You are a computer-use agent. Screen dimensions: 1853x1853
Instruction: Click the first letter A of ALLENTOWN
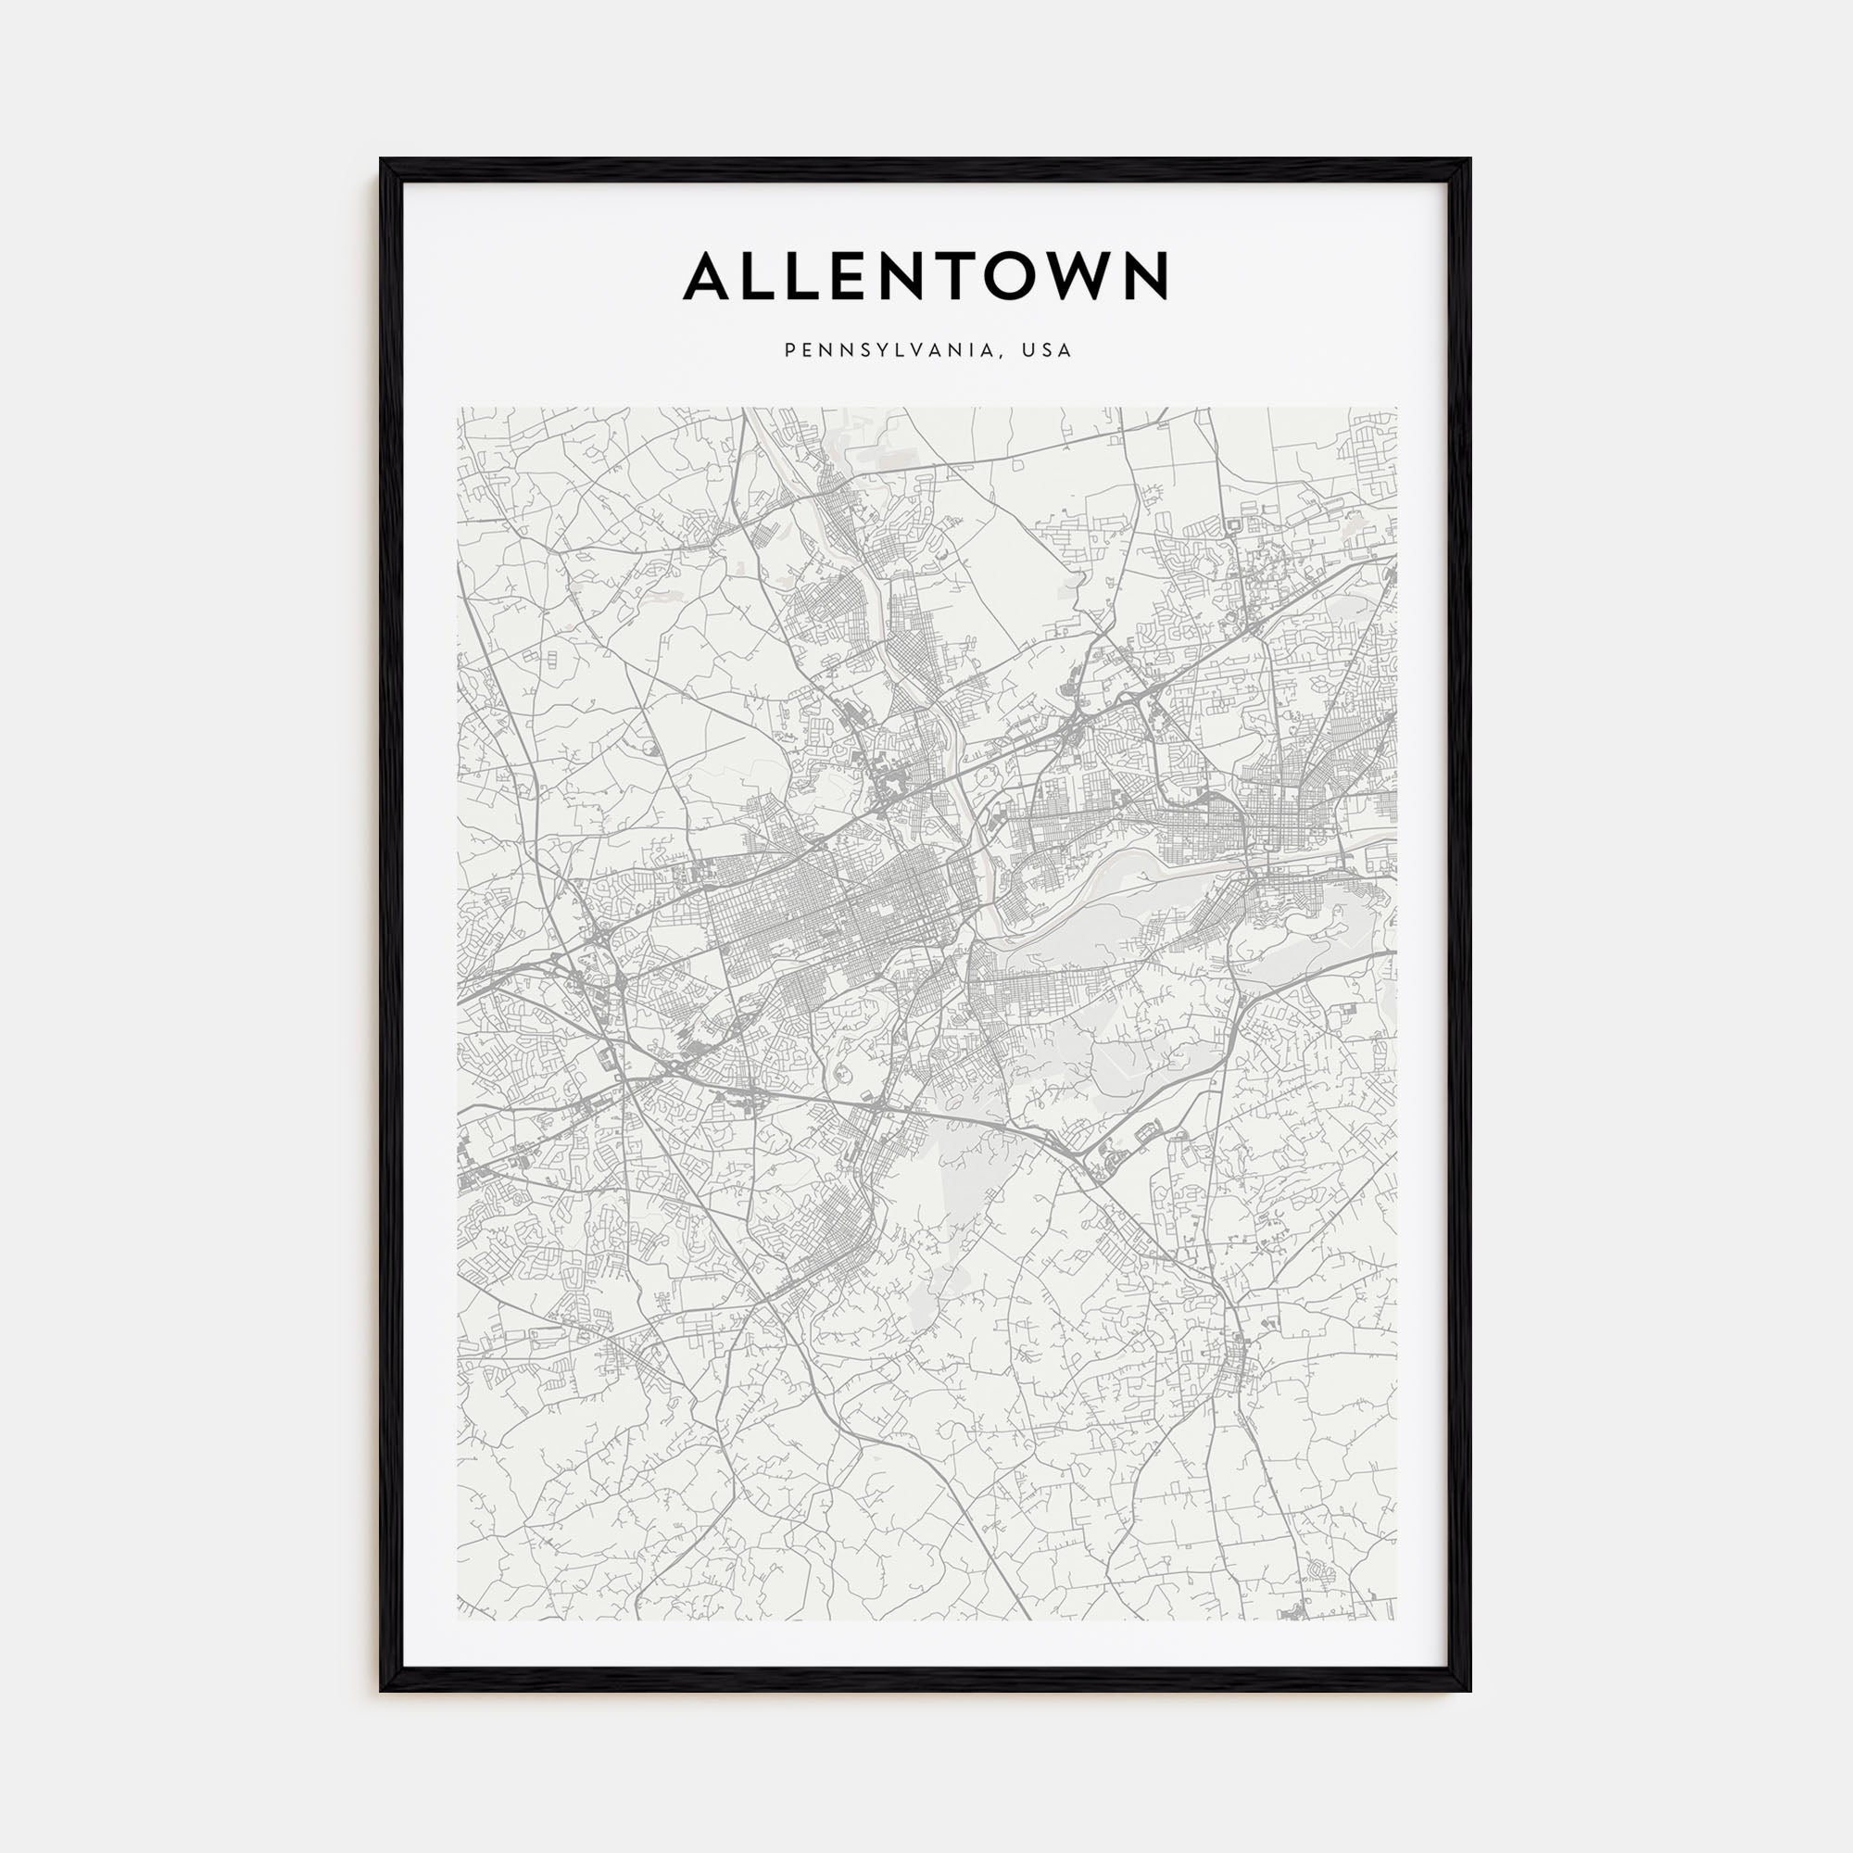pos(709,276)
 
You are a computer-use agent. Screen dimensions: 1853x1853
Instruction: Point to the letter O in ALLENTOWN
pos(1025,276)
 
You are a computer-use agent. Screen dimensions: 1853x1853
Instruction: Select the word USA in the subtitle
pos(1046,351)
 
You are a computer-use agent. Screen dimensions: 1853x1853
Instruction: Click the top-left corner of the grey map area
pos(459,409)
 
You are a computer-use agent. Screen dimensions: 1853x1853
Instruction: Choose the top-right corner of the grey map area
pos(1396,409)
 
